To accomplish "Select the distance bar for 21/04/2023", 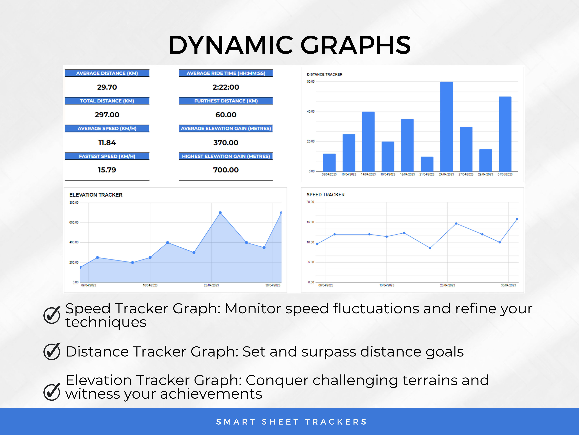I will [427, 164].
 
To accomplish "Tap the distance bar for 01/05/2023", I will [505, 134].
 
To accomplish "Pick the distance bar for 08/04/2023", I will [329, 163].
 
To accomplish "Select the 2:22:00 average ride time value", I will [226, 87].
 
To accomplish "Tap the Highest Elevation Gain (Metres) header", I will [226, 156].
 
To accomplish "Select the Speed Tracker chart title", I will [326, 194].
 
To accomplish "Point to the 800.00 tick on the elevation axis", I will [74, 203].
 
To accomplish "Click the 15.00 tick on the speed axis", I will [310, 222].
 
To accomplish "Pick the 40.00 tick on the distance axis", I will [311, 111].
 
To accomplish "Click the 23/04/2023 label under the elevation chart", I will [211, 285].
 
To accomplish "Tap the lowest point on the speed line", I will [430, 248].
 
